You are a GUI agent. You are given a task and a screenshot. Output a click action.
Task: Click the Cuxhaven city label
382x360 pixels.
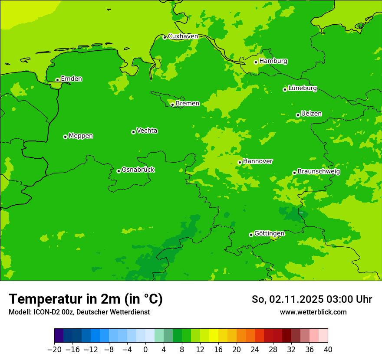pyautogui.click(x=183, y=36)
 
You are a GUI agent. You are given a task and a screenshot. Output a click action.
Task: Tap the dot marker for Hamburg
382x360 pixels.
pyautogui.click(x=256, y=62)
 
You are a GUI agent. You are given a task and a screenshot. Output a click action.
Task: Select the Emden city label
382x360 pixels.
pyautogui.click(x=71, y=79)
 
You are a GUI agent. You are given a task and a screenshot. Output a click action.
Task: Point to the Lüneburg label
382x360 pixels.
pyautogui.click(x=302, y=88)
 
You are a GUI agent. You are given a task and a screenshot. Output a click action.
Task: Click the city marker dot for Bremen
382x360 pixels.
pyautogui.click(x=172, y=105)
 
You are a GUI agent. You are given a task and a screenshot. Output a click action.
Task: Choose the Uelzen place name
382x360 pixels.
pyautogui.click(x=311, y=114)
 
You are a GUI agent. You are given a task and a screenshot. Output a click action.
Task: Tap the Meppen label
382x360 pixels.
pyautogui.click(x=81, y=136)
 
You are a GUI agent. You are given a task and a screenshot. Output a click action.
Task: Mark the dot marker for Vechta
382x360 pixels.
pyautogui.click(x=133, y=132)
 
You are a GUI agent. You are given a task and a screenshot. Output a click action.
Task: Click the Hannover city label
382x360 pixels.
pyautogui.click(x=257, y=161)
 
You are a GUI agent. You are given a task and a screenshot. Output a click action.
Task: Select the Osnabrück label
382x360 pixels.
pyautogui.click(x=138, y=170)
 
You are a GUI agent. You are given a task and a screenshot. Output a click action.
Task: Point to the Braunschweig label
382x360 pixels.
pyautogui.click(x=319, y=172)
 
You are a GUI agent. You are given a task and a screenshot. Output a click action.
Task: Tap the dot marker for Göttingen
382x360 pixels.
pyautogui.click(x=251, y=235)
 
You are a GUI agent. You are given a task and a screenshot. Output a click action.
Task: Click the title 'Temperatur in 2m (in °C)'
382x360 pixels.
pyautogui.click(x=86, y=299)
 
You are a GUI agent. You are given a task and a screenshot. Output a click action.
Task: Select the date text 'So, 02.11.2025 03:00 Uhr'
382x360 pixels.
pyautogui.click(x=312, y=299)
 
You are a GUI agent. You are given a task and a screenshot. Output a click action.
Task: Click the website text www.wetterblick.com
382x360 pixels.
pyautogui.click(x=313, y=312)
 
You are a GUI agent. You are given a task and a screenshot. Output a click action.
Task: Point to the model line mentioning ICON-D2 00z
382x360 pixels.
pyautogui.click(x=79, y=312)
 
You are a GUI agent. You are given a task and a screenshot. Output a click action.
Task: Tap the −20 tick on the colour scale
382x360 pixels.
pyautogui.click(x=54, y=350)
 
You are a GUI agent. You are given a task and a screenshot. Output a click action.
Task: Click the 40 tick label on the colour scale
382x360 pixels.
pyautogui.click(x=328, y=350)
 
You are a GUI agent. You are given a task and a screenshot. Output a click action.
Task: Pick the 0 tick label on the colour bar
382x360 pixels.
pyautogui.click(x=145, y=350)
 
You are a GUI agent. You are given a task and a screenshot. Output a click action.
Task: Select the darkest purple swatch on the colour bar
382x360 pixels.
pyautogui.click(x=59, y=336)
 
